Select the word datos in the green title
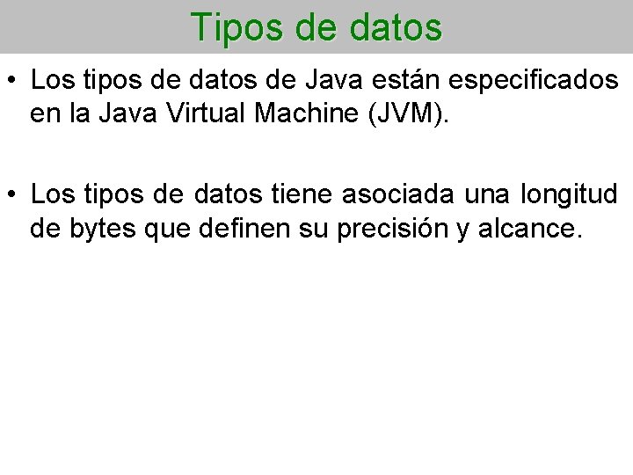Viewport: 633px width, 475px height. [x=396, y=27]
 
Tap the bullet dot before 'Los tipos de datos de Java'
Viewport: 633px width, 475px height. [x=13, y=81]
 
